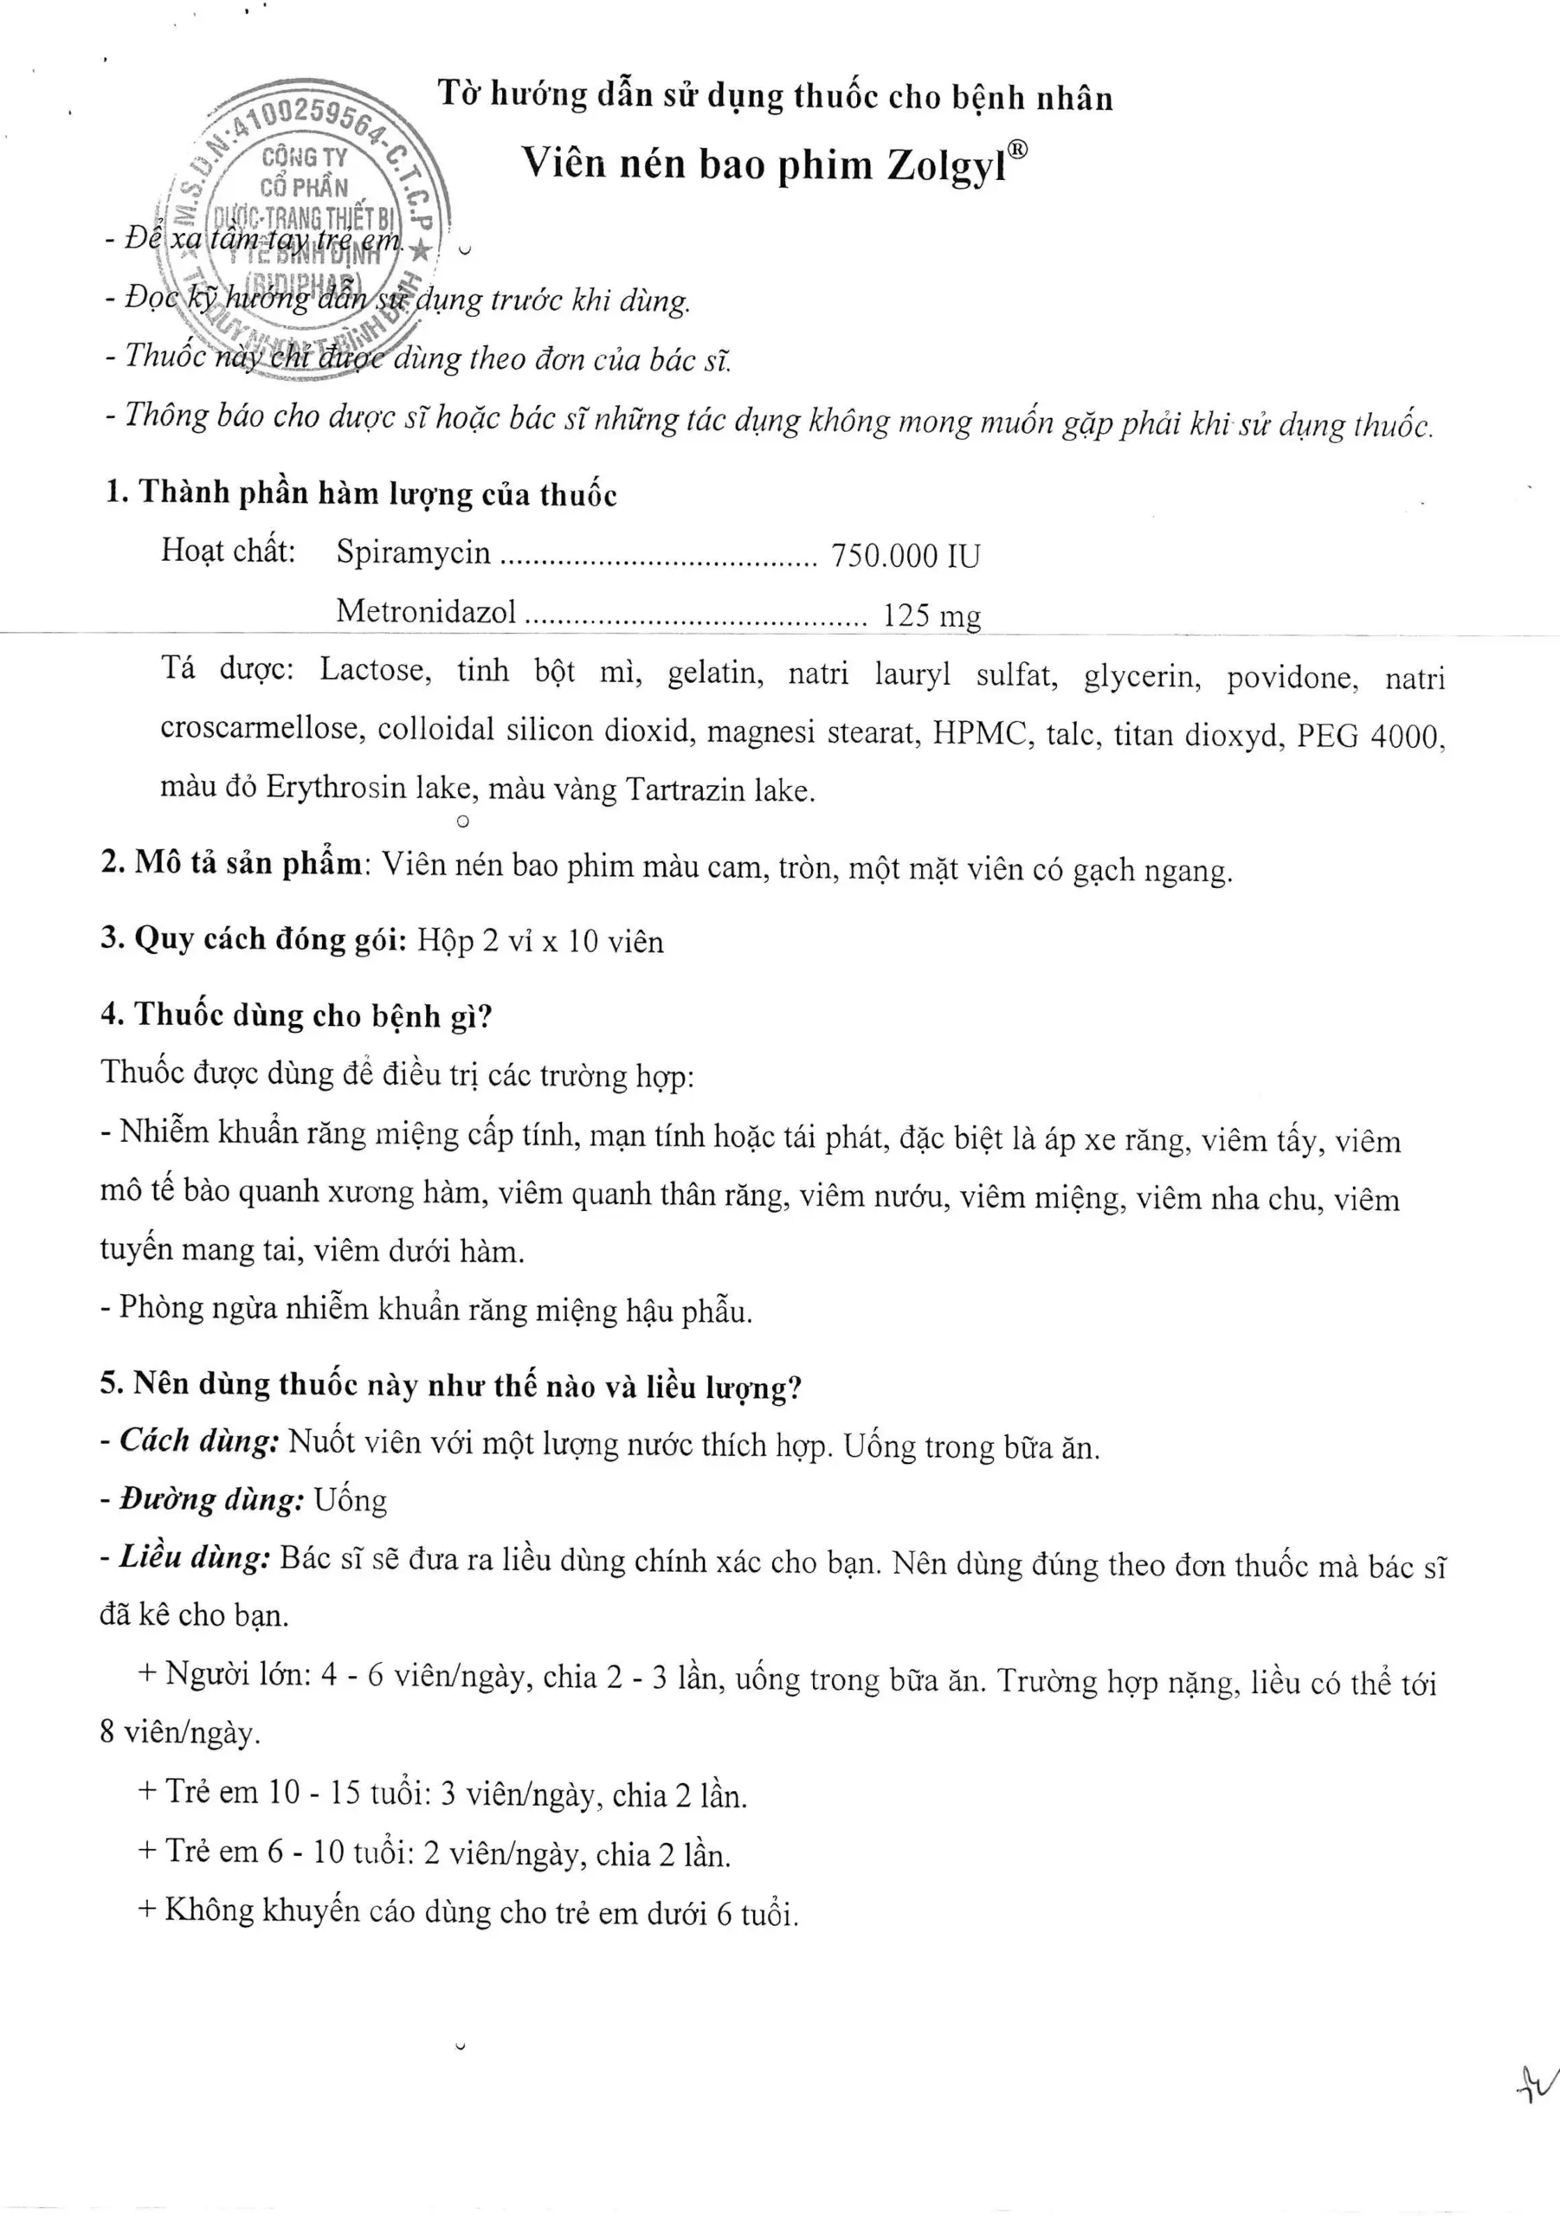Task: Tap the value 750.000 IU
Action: tap(905, 556)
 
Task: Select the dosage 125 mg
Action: tap(931, 615)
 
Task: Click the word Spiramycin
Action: tap(413, 552)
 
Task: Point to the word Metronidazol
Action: tap(426, 611)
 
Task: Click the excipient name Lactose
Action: tap(376, 670)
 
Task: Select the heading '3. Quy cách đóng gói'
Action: tap(254, 938)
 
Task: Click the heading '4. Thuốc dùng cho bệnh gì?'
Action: tap(297, 1015)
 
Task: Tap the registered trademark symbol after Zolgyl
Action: tap(1020, 150)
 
